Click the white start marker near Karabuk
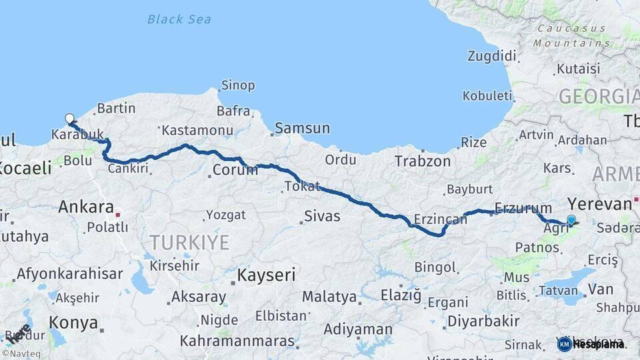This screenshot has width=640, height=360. click(69, 119)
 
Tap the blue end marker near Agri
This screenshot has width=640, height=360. click(571, 219)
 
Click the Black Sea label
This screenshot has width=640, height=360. click(179, 19)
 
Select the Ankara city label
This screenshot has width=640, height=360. click(85, 207)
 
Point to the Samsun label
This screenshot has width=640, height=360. click(302, 128)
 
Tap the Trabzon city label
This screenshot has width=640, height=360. click(423, 161)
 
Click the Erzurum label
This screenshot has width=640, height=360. click(523, 209)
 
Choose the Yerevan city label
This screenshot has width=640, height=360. click(599, 204)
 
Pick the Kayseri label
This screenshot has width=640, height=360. click(267, 275)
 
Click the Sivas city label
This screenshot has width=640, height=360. click(322, 216)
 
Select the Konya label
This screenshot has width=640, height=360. click(73, 323)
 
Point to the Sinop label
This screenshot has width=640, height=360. click(237, 85)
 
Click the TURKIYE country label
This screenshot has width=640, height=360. click(189, 242)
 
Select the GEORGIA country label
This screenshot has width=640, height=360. click(598, 97)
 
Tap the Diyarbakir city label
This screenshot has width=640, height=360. click(483, 321)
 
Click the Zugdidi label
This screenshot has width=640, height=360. click(492, 55)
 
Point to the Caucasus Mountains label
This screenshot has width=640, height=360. click(572, 36)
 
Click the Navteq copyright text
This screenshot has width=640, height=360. click(23, 353)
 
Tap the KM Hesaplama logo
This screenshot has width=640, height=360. click(591, 344)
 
